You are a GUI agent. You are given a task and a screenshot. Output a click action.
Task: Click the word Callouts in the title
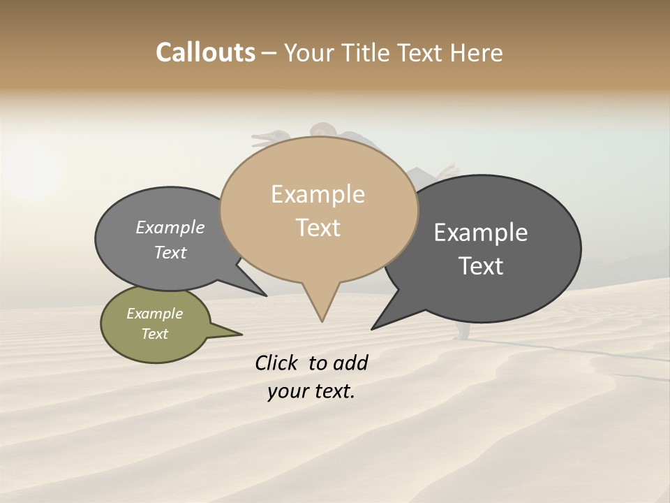point(205,52)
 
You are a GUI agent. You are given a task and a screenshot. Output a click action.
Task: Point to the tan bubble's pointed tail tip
point(322,321)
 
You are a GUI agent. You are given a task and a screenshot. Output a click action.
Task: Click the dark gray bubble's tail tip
point(373,328)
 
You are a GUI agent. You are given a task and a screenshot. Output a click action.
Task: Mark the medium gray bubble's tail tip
point(266,296)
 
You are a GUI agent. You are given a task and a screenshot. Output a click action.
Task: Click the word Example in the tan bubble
point(318,194)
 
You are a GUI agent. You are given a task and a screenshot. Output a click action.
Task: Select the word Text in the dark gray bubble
point(481,266)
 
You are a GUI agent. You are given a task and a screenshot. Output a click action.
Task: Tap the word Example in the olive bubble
point(155,314)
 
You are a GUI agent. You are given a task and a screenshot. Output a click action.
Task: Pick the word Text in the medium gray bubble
point(170,252)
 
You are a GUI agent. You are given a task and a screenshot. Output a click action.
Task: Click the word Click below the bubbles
point(278,363)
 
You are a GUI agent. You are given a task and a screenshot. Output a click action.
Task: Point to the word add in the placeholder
point(350,363)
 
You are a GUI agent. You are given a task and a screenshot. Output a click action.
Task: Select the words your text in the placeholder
point(311,392)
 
